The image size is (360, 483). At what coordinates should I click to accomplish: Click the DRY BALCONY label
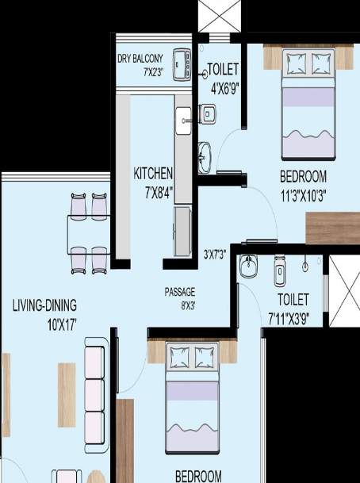coord(141,59)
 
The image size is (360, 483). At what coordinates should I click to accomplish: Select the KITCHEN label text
coord(153,174)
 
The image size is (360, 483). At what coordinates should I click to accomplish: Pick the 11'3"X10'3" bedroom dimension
coord(303,193)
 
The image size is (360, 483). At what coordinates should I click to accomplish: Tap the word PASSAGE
coord(180,291)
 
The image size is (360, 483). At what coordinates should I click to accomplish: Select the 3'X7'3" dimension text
coord(216,255)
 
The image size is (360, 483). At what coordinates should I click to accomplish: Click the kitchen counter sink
coord(183,121)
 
